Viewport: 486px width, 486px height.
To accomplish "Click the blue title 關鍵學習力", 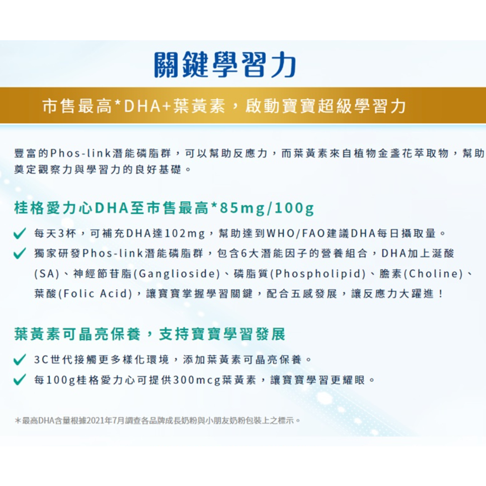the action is pos(225,65).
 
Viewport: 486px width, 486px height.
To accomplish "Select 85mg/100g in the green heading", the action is pos(267,208).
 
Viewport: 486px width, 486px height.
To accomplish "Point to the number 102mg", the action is pos(185,233).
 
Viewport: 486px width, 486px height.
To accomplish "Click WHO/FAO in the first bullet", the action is pos(296,233).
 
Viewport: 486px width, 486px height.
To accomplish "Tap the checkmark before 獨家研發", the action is pos(20,254).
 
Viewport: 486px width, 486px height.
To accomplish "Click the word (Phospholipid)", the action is pos(318,274).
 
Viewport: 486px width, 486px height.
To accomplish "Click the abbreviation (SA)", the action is pos(47,274).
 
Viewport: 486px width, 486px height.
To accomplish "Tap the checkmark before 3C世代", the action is pos(20,360).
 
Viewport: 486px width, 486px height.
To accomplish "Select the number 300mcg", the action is pos(197,380).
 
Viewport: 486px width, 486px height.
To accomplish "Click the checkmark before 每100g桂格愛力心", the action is pos(20,380).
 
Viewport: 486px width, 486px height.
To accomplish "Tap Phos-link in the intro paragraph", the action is pos(81,153).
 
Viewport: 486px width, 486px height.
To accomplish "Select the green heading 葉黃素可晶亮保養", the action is pos(77,334).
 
